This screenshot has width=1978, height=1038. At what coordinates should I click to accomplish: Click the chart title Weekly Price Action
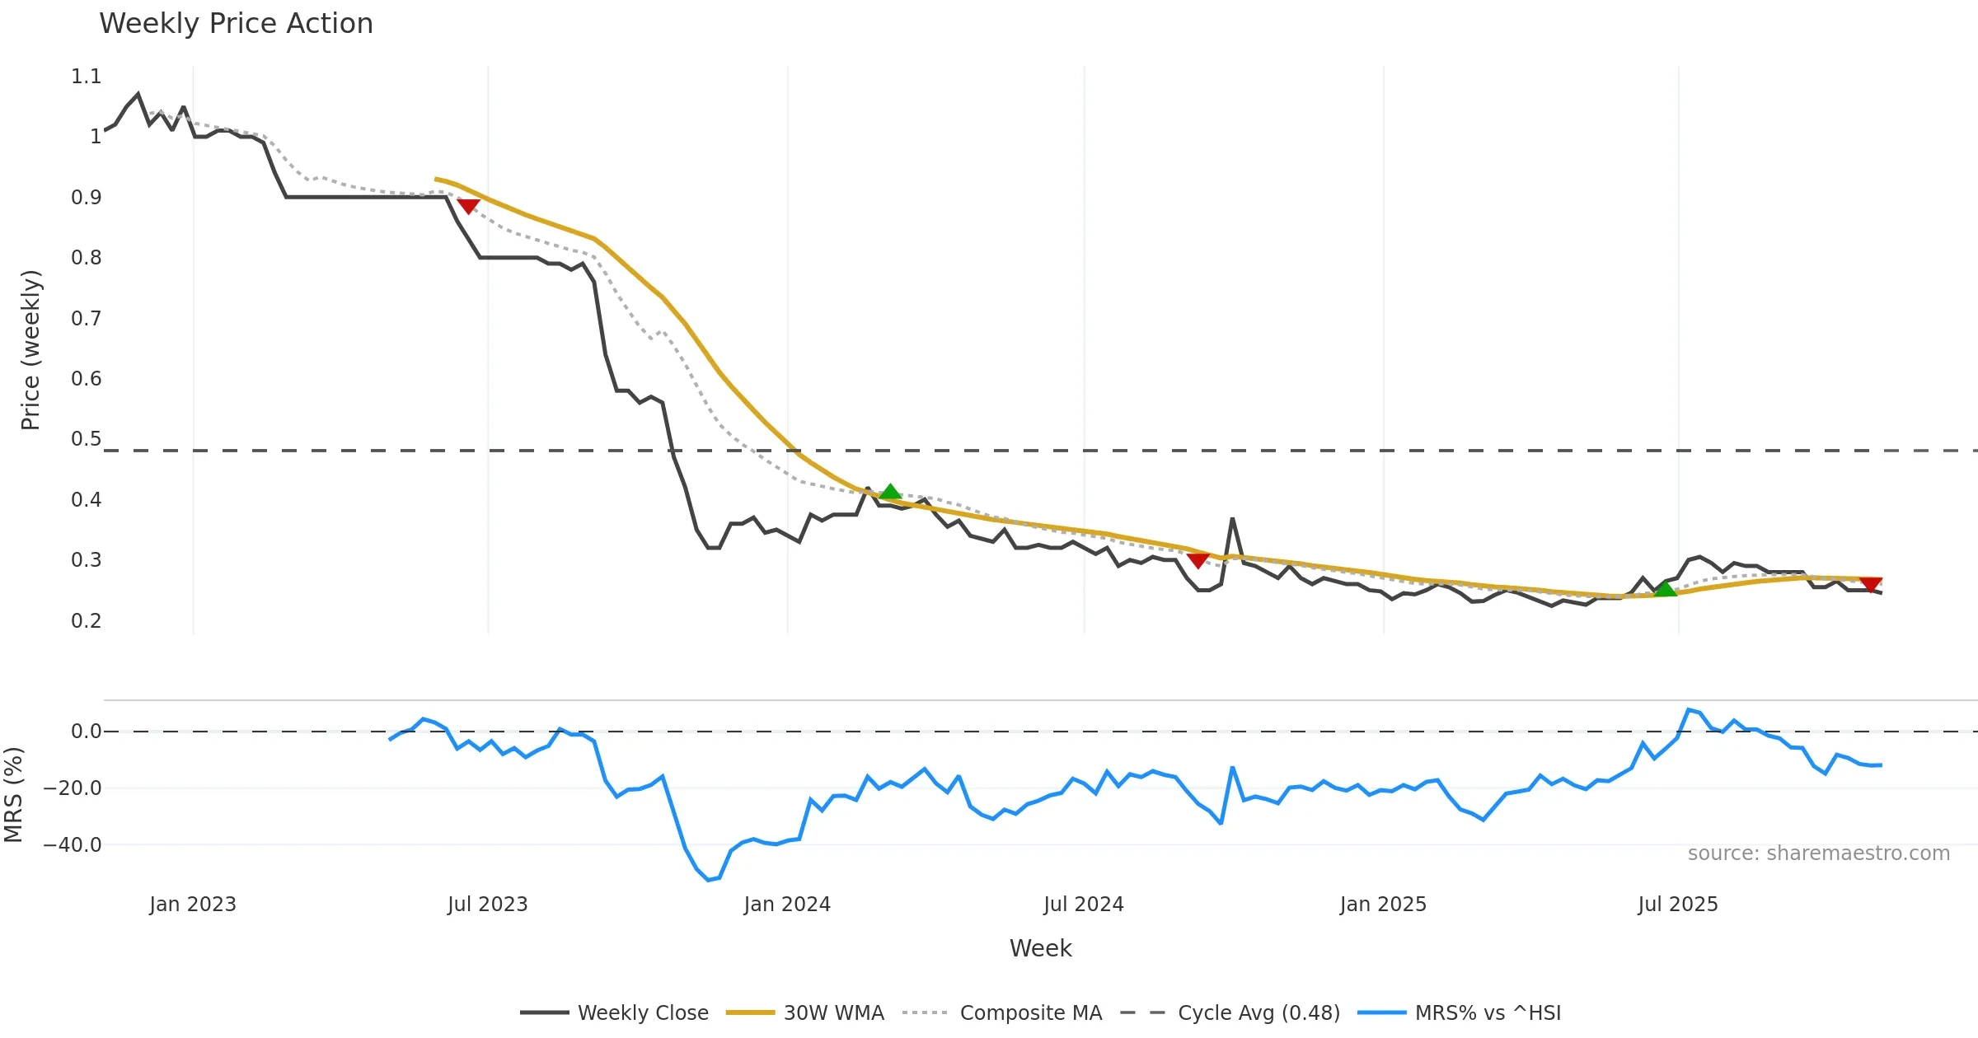(236, 24)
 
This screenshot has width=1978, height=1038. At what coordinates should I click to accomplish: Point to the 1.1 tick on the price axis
(86, 77)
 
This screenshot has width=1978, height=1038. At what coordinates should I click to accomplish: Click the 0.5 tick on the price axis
(86, 439)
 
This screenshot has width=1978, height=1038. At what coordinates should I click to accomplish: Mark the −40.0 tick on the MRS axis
(73, 845)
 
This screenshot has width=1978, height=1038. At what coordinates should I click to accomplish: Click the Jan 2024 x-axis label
(787, 905)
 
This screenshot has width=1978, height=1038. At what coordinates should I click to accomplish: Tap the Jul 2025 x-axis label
(1678, 905)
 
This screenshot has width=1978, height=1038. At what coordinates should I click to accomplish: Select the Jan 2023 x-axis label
(193, 905)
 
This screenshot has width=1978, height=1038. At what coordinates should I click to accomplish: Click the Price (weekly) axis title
(30, 350)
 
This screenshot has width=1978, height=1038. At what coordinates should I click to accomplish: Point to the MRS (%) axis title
(13, 795)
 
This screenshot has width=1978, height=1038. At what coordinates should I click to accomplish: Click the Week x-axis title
(1040, 949)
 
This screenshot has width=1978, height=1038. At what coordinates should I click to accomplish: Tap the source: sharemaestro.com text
(1819, 853)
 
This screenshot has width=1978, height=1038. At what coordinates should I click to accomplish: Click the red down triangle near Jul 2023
(468, 206)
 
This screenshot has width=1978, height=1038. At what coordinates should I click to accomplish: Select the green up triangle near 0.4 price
(890, 493)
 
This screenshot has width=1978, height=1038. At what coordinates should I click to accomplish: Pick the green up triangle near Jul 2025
(1666, 589)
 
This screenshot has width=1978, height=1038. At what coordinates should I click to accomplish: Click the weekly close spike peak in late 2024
(1232, 518)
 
